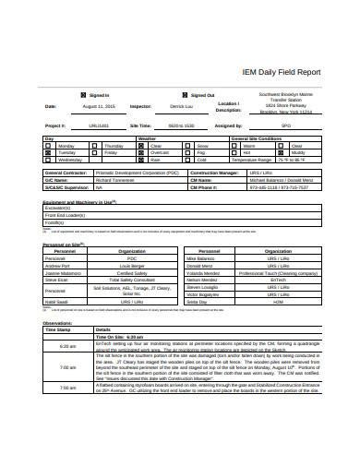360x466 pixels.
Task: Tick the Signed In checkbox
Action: pyautogui.click(x=82, y=95)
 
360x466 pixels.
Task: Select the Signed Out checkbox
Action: pyautogui.click(x=184, y=95)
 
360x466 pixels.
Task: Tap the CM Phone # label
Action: pyautogui.click(x=206, y=185)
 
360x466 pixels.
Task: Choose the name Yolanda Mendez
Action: pyautogui.click(x=202, y=274)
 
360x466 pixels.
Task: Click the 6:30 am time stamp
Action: pyautogui.click(x=67, y=346)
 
